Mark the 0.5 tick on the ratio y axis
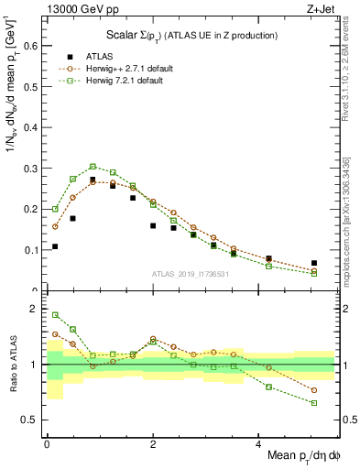pos(33,420)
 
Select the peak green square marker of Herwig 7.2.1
pos(93,167)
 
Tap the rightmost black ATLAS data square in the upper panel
pos(314,263)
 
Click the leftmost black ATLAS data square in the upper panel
pos(55,246)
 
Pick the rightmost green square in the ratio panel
pos(314,403)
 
